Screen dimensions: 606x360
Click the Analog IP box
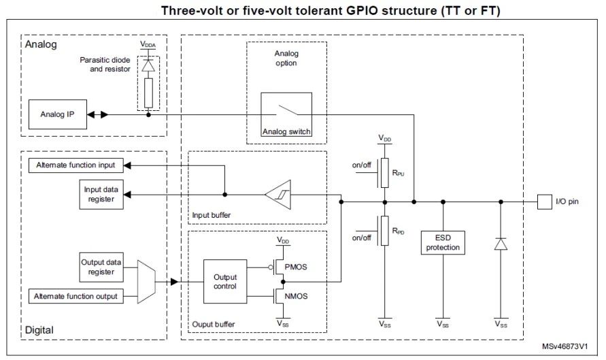point(58,114)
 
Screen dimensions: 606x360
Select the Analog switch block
point(286,114)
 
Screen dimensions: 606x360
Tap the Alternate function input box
point(75,165)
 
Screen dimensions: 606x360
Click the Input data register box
point(101,195)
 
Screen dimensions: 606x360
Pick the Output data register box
point(101,267)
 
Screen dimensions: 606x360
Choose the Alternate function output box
point(75,296)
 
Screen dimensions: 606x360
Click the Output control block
point(225,282)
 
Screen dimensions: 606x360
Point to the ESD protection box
point(443,242)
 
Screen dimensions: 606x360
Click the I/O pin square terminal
point(545,202)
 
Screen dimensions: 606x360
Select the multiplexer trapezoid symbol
point(146,282)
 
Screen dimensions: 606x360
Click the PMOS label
point(296,267)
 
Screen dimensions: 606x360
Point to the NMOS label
point(296,296)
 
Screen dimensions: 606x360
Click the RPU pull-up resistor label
point(398,173)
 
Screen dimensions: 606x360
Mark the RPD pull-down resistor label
point(398,231)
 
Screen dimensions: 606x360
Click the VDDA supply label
point(148,44)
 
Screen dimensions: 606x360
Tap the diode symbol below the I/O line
point(501,244)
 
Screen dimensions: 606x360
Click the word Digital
point(39,330)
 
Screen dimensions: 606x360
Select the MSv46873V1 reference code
point(565,346)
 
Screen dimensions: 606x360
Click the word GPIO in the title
point(362,10)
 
